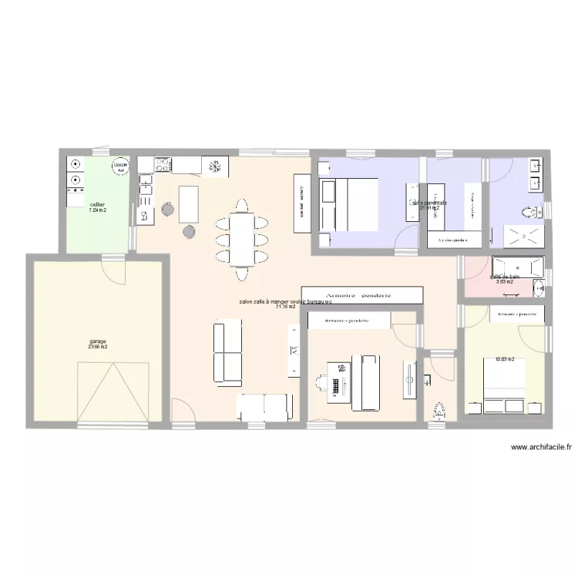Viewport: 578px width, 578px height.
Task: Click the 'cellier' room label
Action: [97, 204]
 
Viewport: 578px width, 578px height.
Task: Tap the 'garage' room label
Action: [97, 341]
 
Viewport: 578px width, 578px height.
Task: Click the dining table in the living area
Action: [242, 238]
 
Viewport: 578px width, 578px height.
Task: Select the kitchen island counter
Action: [188, 202]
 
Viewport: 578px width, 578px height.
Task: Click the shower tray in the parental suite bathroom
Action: [523, 236]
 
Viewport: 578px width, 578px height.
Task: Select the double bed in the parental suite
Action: [349, 204]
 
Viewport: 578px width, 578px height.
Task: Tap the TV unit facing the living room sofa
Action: [294, 351]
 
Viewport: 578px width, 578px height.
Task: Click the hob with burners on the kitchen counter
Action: [163, 164]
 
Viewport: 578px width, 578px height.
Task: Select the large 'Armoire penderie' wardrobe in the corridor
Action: [361, 295]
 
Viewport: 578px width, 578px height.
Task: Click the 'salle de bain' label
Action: [504, 277]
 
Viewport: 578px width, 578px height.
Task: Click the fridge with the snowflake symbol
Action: [215, 166]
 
